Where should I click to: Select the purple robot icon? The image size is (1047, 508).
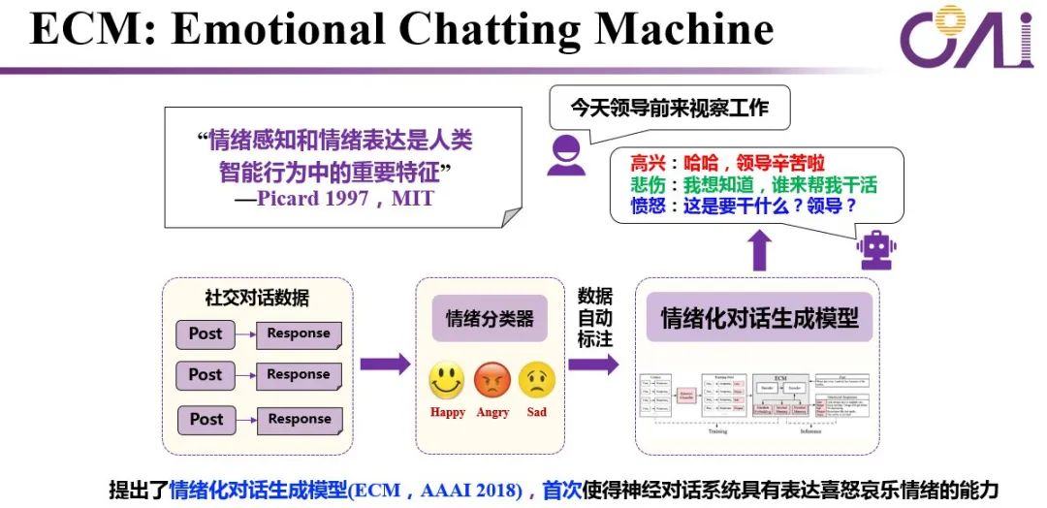[876, 250]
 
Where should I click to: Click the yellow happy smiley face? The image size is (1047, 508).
[447, 379]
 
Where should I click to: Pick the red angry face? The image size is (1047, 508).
[492, 379]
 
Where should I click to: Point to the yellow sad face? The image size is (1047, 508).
[537, 379]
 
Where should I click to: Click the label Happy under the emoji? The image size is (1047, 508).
[447, 412]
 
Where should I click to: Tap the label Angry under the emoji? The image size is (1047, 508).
[492, 412]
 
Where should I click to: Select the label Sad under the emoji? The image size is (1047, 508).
[537, 412]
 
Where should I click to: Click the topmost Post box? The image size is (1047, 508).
[206, 333]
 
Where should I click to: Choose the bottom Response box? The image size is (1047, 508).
[299, 420]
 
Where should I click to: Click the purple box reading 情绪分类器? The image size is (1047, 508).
[490, 318]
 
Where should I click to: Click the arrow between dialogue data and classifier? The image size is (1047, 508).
[385, 365]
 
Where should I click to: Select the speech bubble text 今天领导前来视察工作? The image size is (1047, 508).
[669, 108]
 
